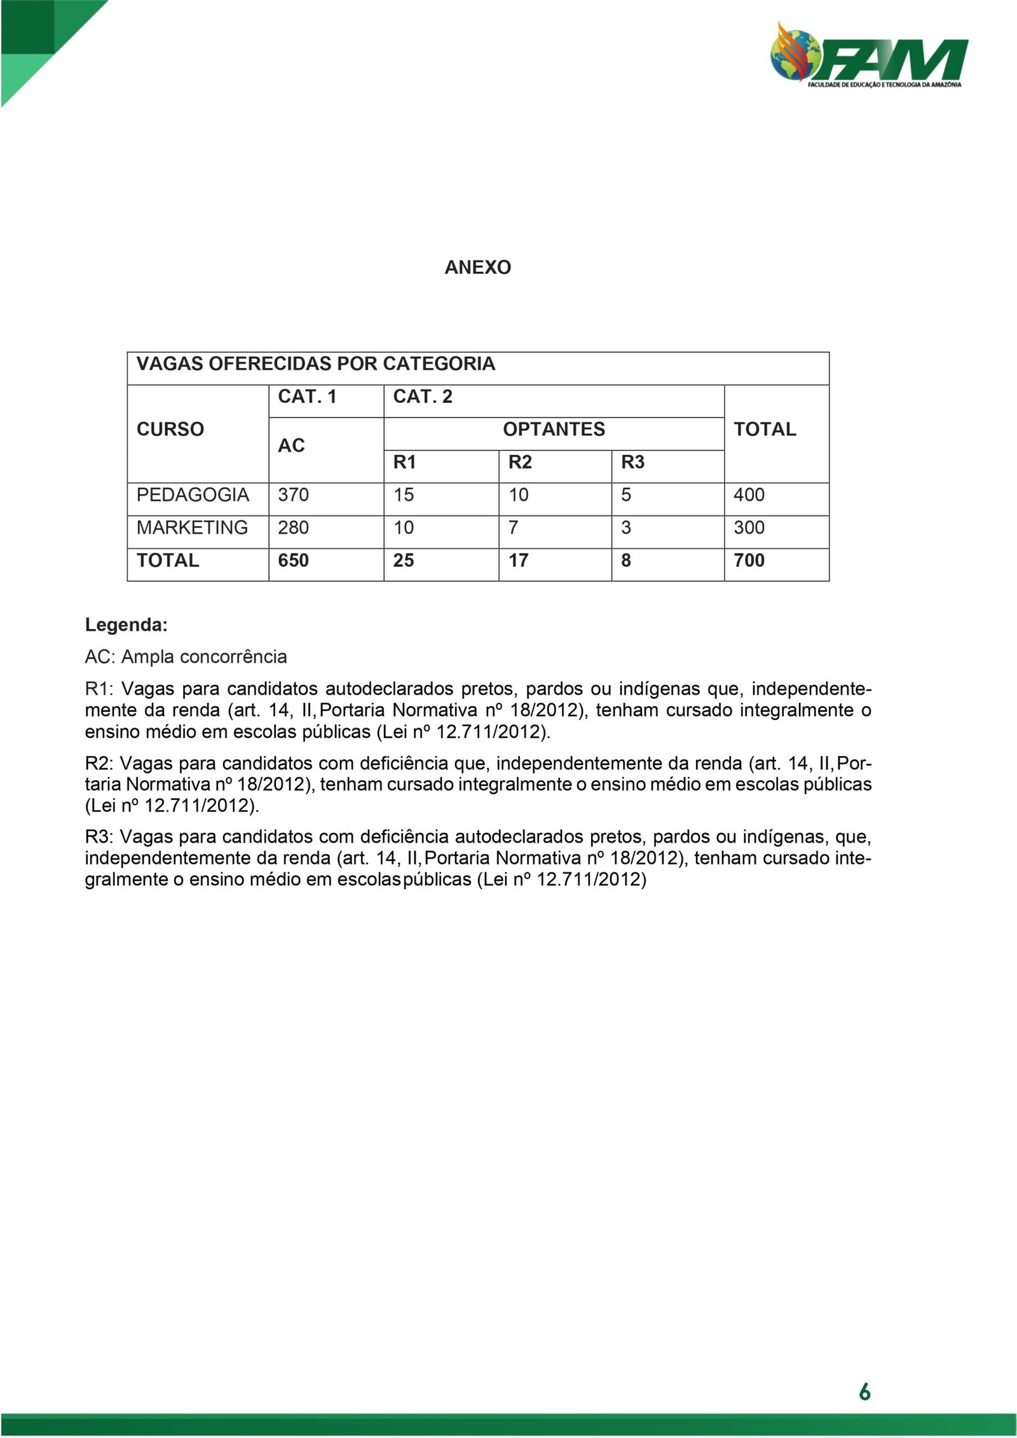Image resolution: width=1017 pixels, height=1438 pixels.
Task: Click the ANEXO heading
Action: [477, 268]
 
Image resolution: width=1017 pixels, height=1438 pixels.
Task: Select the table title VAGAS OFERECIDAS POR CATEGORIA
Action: [316, 364]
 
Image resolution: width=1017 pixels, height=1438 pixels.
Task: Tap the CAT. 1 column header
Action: [307, 397]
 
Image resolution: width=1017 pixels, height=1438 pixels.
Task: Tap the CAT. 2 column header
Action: [423, 397]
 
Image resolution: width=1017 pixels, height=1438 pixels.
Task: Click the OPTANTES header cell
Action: [554, 430]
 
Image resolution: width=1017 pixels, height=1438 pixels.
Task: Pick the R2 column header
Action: [520, 463]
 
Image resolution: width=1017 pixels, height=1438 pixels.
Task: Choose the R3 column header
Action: [632, 463]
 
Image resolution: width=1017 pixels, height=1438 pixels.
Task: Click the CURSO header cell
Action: [170, 430]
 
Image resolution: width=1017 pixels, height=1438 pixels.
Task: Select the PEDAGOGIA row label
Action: [193, 495]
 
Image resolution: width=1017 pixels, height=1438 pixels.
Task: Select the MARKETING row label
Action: [192, 527]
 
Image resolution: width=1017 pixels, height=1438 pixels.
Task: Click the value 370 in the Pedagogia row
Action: [293, 495]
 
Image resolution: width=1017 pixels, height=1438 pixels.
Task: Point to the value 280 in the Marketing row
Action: [293, 527]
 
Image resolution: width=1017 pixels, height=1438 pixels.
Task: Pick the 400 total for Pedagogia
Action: [749, 495]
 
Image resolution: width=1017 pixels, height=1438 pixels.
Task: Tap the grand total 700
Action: [749, 560]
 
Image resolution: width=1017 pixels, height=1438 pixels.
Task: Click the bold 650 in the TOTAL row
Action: [293, 560]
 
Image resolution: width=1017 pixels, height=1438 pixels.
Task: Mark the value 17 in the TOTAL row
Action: [518, 560]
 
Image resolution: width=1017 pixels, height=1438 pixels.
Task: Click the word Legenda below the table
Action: [126, 625]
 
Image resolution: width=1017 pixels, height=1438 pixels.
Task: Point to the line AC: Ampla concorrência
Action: [186, 657]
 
